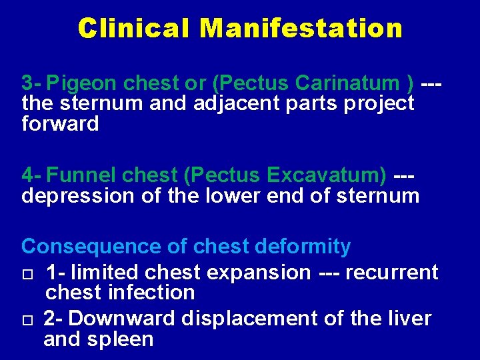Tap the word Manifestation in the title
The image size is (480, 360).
[x=301, y=28]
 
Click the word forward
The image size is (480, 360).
[x=60, y=123]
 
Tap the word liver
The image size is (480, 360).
[x=406, y=319]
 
